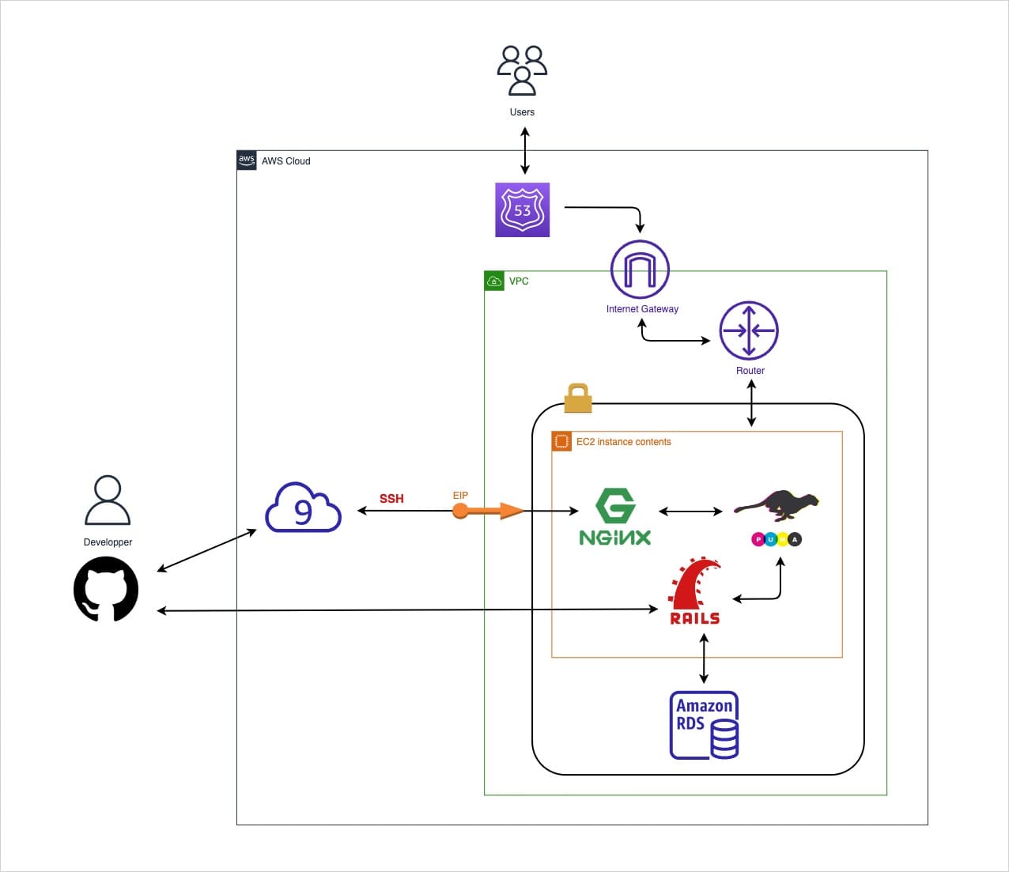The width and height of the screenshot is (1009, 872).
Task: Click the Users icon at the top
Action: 522,70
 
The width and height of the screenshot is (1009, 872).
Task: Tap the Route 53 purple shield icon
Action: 522,210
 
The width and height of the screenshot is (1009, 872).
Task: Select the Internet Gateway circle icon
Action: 640,270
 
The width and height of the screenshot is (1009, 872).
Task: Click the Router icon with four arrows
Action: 749,330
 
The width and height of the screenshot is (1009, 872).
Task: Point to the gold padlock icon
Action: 578,398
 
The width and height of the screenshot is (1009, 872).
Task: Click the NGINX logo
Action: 615,517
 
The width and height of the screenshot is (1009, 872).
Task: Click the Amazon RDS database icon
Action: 705,725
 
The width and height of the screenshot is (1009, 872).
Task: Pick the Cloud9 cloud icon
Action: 303,508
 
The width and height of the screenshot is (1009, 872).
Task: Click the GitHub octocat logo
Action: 106,589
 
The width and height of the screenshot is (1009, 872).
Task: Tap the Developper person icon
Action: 108,500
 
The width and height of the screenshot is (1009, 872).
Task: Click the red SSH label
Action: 391,499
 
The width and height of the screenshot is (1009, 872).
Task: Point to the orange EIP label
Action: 460,496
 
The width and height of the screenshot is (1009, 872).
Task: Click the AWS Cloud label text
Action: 285,161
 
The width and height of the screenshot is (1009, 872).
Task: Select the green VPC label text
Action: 519,281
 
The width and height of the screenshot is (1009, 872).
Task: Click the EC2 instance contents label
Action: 623,442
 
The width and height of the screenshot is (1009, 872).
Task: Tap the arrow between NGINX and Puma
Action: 690,511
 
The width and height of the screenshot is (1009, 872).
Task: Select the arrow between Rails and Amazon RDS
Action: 704,658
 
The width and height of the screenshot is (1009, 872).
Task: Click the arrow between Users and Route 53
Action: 524,151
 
